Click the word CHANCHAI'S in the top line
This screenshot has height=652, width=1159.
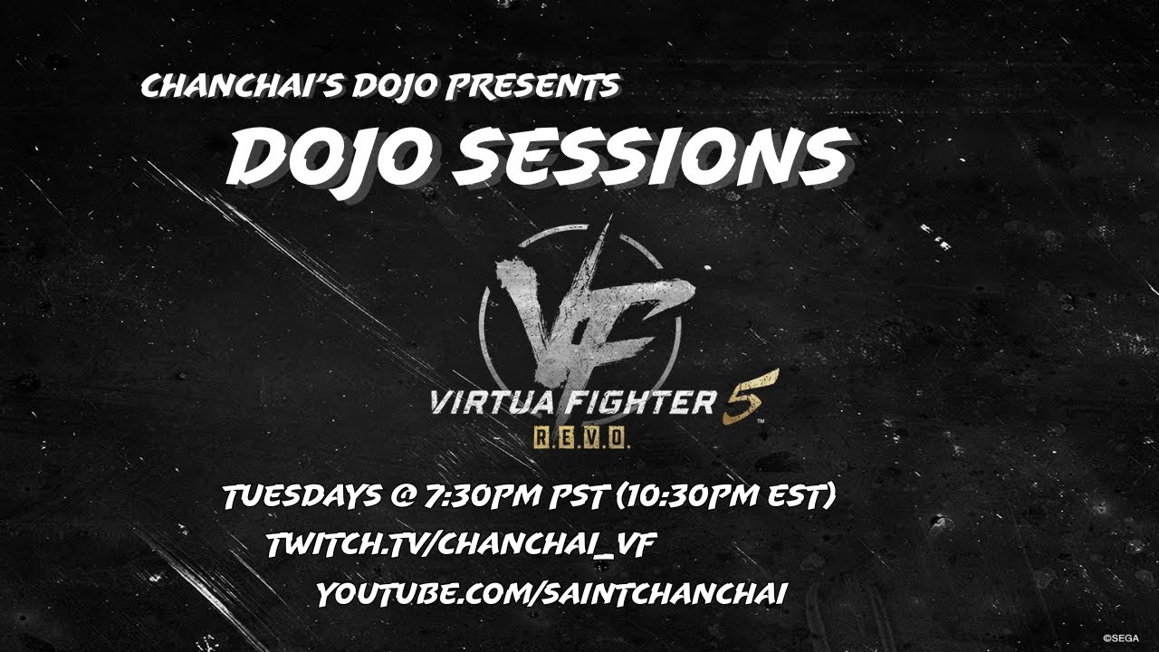click(x=240, y=86)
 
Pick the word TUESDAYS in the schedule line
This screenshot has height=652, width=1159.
click(x=302, y=496)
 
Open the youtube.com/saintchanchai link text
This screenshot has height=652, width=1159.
click(x=551, y=594)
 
